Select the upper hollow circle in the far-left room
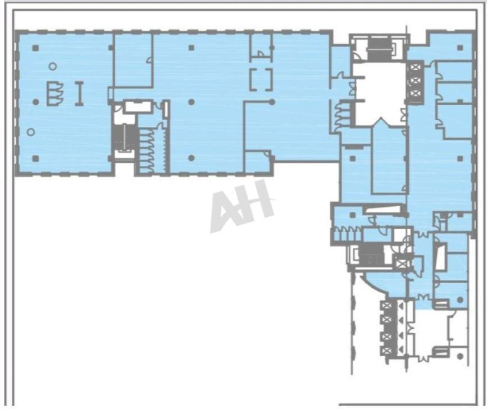click(x=53, y=66)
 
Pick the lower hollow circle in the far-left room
click(x=30, y=132)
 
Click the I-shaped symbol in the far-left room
click(x=79, y=93)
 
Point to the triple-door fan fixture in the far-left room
click(x=55, y=93)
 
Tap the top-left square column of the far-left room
click(x=35, y=48)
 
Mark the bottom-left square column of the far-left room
click(x=35, y=158)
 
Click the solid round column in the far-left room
click(x=36, y=102)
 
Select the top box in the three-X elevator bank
click(x=414, y=67)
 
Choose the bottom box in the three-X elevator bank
click(x=414, y=93)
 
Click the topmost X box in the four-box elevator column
click(x=387, y=306)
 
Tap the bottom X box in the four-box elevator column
click(x=387, y=351)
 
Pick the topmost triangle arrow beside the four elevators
click(x=401, y=306)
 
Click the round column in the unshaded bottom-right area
click(x=460, y=357)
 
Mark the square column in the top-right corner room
click(x=460, y=48)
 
